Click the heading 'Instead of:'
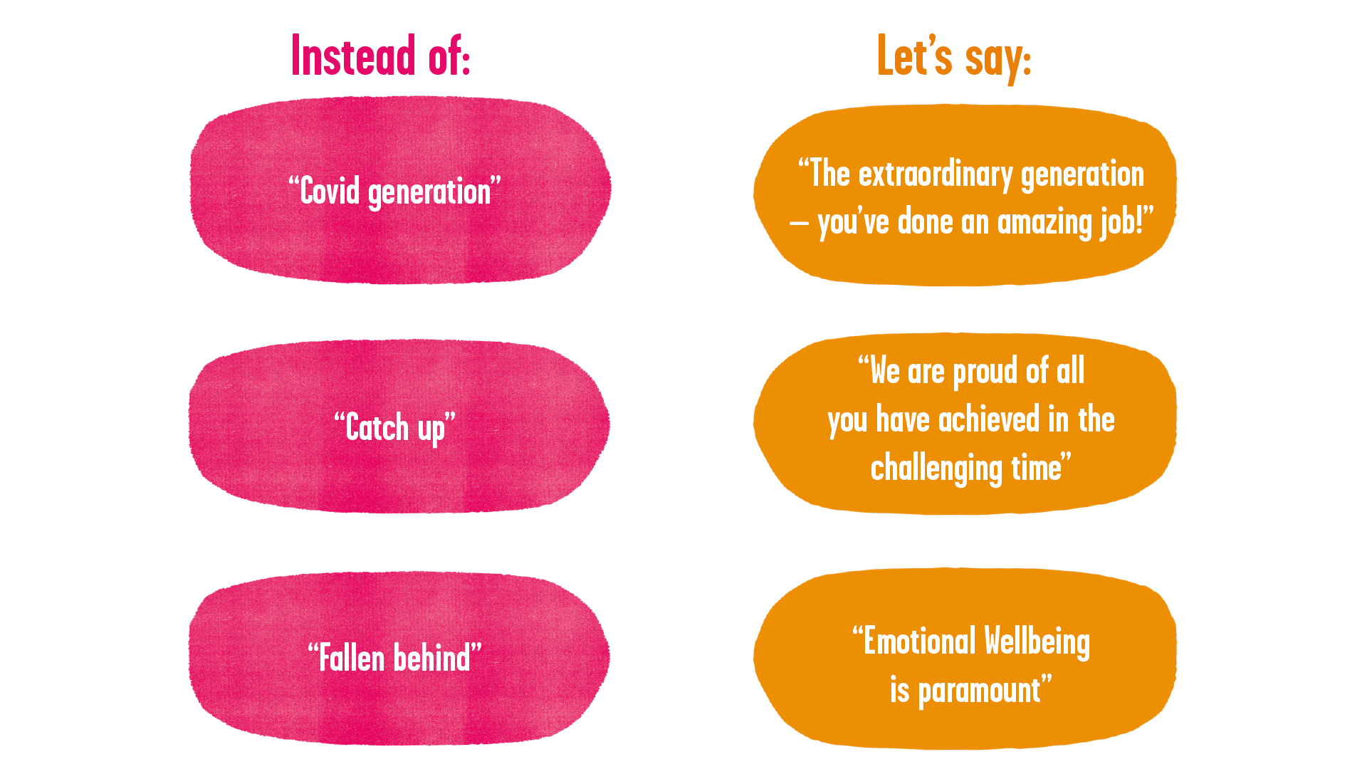(x=381, y=56)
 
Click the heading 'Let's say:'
(x=954, y=57)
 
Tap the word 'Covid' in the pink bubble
(x=330, y=192)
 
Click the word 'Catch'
(x=377, y=428)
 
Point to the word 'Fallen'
(x=352, y=658)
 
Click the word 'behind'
(x=432, y=658)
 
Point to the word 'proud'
(x=985, y=372)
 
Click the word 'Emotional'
(x=919, y=642)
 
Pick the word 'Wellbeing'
(x=1037, y=642)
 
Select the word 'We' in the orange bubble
(x=885, y=372)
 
